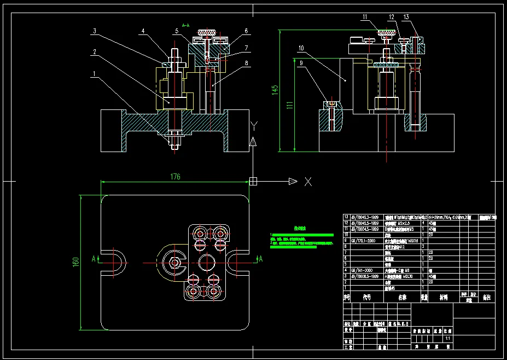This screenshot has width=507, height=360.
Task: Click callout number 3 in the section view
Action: (x=94, y=32)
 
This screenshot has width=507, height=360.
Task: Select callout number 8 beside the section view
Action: (x=247, y=63)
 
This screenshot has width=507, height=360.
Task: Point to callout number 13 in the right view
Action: (x=405, y=18)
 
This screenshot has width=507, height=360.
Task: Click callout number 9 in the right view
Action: (x=300, y=63)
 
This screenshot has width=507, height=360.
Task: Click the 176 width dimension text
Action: (x=175, y=177)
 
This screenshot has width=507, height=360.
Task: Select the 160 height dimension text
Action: (x=76, y=263)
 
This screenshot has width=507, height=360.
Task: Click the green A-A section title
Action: (x=185, y=25)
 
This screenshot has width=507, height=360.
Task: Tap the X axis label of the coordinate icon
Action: (x=308, y=182)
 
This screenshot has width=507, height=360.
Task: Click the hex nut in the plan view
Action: (x=175, y=263)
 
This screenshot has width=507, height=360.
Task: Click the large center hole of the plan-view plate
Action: (x=206, y=263)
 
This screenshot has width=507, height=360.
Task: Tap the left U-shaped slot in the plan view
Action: (x=116, y=263)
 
